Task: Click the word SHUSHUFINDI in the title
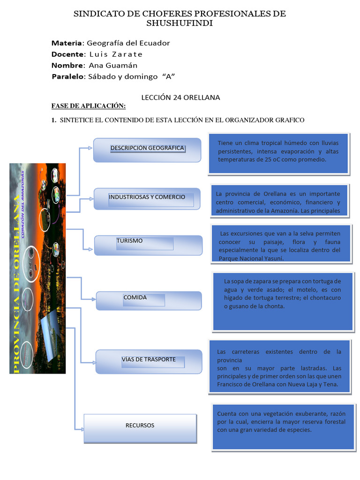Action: [180, 23]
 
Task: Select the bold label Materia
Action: [67, 43]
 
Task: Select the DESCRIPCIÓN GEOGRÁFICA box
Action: [147, 150]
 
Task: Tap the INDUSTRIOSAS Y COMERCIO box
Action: [147, 198]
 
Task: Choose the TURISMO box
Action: [148, 245]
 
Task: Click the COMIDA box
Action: [149, 300]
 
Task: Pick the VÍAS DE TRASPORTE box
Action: [149, 361]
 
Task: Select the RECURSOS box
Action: [140, 427]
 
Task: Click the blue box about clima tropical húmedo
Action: [278, 153]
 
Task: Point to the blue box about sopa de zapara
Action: [283, 300]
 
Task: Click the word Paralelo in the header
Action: [67, 76]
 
